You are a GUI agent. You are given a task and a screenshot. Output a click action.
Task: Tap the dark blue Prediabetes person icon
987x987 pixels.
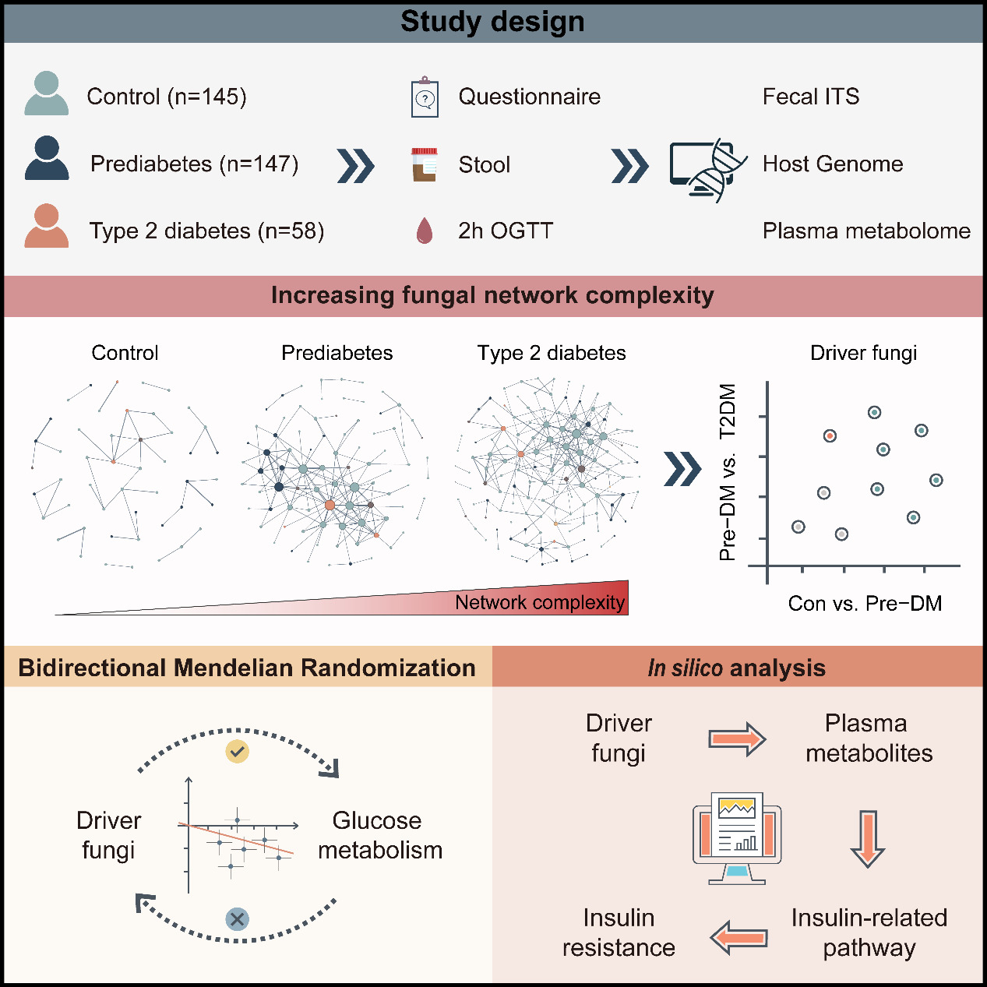[47, 159]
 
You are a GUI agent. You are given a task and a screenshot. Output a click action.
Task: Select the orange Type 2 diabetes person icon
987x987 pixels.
[47, 227]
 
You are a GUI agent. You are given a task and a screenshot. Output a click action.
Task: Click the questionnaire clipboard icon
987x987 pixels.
[425, 97]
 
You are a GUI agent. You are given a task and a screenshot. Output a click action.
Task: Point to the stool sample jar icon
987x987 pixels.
[425, 164]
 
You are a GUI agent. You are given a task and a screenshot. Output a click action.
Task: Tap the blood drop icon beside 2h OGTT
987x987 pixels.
[425, 231]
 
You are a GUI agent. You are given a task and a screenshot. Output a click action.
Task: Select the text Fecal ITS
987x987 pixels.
[810, 97]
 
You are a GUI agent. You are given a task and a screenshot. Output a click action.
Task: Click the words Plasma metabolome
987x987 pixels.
[866, 231]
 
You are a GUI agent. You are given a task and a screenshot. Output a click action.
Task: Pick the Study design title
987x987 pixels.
[492, 22]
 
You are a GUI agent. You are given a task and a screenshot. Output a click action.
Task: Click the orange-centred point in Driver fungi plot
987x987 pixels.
[830, 435]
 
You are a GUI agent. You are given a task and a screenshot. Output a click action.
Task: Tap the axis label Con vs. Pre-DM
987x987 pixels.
[865, 604]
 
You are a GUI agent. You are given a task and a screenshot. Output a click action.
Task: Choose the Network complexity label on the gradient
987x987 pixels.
[539, 602]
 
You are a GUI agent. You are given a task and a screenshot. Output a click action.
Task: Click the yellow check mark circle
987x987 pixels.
[238, 752]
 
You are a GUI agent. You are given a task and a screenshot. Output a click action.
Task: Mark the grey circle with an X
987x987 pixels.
[237, 919]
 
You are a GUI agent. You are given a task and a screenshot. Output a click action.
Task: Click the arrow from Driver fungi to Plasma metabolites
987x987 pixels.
[737, 738]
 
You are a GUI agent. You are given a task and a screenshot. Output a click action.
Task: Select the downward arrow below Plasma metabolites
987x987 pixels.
[867, 838]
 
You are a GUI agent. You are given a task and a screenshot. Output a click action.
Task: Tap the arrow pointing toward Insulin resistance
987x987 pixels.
[739, 936]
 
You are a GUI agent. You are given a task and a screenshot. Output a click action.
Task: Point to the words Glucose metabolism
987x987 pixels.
[379, 835]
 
